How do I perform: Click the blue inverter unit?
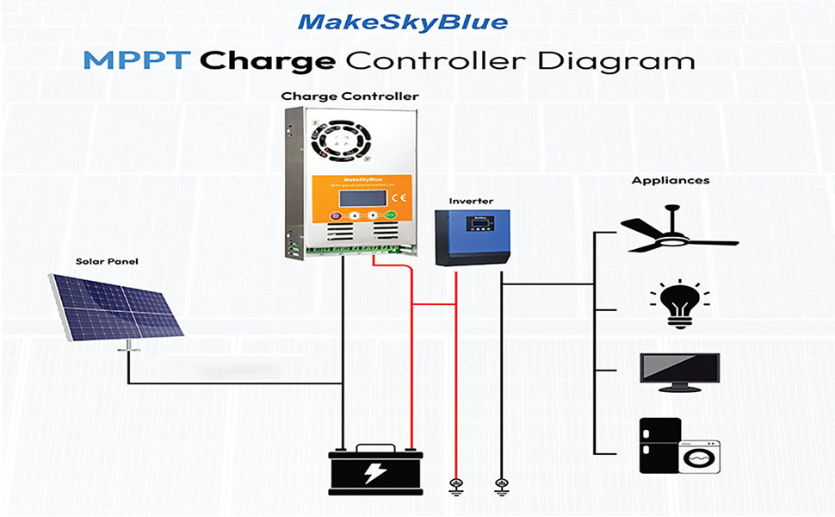coord(472,238)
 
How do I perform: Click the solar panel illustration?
coord(117,305)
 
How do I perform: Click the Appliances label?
coord(659,181)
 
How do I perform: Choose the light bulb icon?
coord(679,302)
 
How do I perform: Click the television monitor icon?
coord(679,371)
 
